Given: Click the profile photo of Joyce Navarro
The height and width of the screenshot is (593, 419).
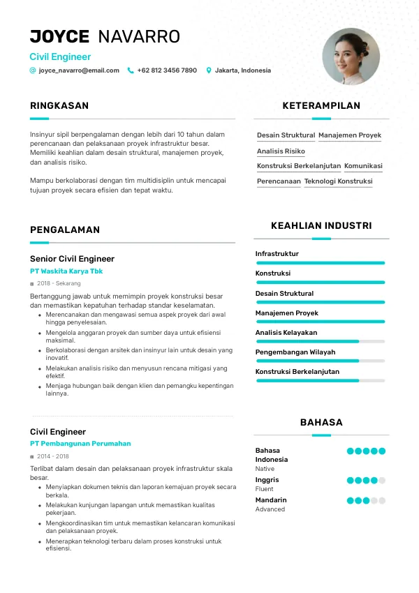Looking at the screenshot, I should (x=351, y=57).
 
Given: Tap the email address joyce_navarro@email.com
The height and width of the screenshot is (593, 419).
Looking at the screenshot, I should (x=79, y=70).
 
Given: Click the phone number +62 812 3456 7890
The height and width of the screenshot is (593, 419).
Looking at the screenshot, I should (x=167, y=70).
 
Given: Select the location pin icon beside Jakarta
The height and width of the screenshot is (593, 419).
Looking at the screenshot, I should (x=208, y=70).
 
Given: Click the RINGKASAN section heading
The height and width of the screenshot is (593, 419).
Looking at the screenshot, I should (x=59, y=106).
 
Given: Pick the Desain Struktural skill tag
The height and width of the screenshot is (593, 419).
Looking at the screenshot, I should (x=286, y=135).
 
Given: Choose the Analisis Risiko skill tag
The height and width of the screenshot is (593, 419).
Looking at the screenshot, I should (x=281, y=151).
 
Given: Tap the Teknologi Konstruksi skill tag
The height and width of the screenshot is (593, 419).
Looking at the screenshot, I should (x=338, y=181).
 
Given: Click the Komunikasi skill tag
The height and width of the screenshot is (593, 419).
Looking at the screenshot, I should (x=363, y=166).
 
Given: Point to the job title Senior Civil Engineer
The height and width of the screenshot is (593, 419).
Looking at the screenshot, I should (x=72, y=259).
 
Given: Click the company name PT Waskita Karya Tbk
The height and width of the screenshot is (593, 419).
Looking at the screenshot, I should (x=66, y=271).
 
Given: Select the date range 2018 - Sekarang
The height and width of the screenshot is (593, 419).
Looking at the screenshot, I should (x=59, y=284).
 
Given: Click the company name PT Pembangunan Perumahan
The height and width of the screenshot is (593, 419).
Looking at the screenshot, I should (x=80, y=444).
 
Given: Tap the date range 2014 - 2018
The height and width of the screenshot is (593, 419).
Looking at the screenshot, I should (x=53, y=456).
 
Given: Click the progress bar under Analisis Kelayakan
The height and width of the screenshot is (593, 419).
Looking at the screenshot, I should (x=321, y=341).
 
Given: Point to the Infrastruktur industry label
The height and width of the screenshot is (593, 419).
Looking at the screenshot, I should (x=277, y=254).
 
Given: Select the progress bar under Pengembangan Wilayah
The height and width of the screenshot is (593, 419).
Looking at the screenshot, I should (x=321, y=361).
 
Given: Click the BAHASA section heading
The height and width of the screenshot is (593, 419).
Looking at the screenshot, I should (x=321, y=422).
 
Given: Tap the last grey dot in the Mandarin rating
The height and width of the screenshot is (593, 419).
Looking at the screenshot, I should (x=382, y=501).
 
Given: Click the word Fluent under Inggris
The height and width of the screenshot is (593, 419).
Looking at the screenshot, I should (x=265, y=490).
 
